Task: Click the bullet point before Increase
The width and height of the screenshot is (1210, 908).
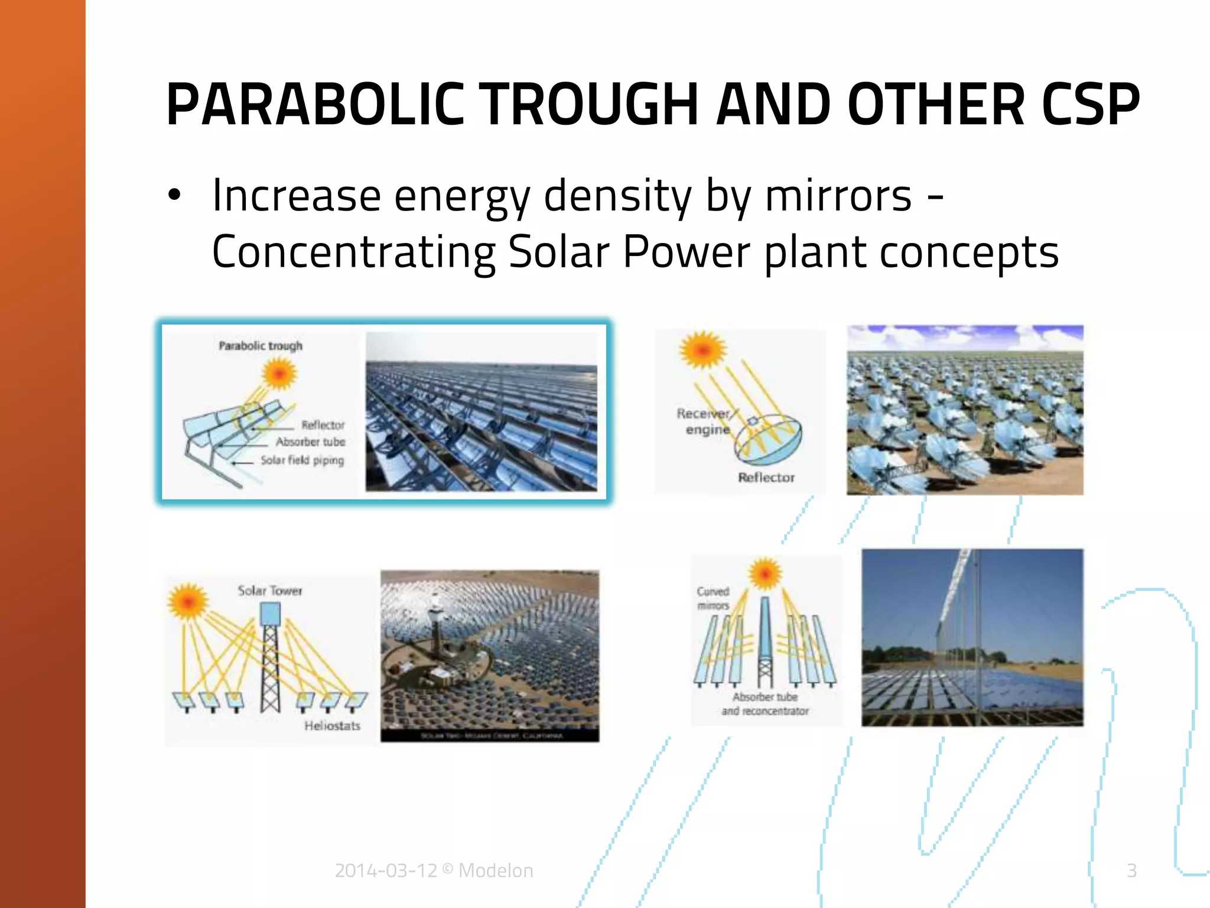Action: coord(174,196)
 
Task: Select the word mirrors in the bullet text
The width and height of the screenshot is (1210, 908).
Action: coord(838,196)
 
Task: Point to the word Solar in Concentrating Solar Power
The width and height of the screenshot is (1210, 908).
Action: coord(558,252)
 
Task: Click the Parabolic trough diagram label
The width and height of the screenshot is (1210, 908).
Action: coord(261,346)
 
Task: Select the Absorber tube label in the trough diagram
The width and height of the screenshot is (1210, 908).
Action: coord(310,442)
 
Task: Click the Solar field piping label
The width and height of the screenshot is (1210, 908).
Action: coord(302,460)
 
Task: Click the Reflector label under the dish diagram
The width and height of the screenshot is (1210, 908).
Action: coord(766,477)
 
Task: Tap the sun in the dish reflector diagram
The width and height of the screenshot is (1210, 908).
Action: coord(702,349)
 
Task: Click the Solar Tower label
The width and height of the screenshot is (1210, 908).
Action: coord(269,591)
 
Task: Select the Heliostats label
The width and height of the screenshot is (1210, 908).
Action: coord(332,726)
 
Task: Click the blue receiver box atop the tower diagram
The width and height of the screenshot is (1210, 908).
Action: coord(271,614)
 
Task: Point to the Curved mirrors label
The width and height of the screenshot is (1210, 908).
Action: coord(713,598)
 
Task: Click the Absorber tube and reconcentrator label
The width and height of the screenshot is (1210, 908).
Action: coord(765,704)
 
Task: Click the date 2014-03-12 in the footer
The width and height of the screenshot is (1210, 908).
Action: coord(386,871)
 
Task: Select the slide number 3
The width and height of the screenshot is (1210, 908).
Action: coord(1131,871)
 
